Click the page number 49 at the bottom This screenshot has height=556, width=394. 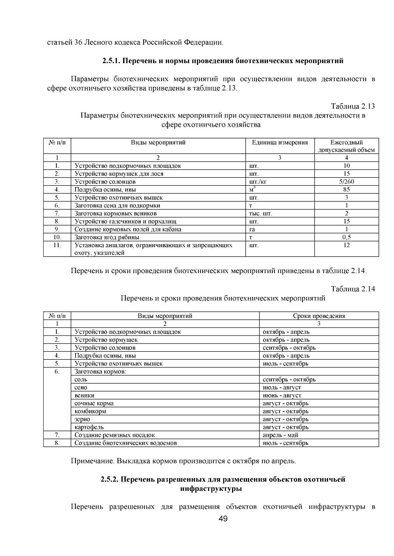tap(223, 519)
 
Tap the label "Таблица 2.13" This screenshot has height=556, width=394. tap(353, 106)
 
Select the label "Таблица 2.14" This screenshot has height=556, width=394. tap(353, 289)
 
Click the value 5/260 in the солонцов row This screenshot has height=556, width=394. tap(346, 182)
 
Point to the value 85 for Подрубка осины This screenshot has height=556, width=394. tap(346, 189)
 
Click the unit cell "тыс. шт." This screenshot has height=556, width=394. tap(261, 213)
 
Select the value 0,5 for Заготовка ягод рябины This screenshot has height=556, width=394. tap(346, 237)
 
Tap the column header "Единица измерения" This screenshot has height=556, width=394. tap(280, 142)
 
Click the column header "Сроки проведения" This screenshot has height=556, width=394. tap(319, 316)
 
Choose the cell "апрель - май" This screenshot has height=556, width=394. tap(280, 435)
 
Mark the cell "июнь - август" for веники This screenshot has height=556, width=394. tap(282, 395)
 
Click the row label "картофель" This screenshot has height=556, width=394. tap(89, 427)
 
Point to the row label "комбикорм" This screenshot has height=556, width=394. tap(90, 411)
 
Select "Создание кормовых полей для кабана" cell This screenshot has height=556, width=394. tap(128, 229)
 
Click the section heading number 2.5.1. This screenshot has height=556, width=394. tap(112, 61)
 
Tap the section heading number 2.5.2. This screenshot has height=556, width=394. tap(110, 480)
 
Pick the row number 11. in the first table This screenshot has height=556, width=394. tap(57, 245)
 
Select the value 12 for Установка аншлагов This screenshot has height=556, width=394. tap(346, 245)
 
